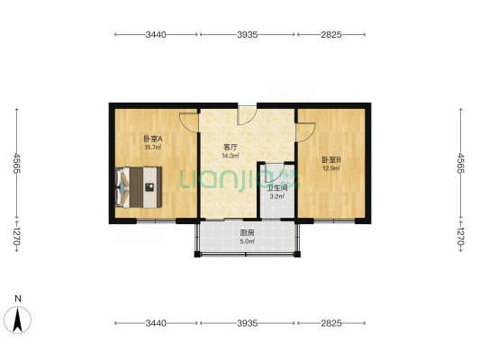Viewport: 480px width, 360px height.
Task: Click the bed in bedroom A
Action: pyautogui.click(x=139, y=187)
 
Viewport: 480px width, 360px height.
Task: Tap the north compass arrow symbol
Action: pyautogui.click(x=18, y=319)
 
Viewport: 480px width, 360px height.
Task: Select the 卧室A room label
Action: pyautogui.click(x=153, y=139)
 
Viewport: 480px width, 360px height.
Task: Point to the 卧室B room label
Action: pyautogui.click(x=331, y=159)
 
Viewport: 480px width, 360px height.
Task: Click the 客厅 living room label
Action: pyautogui.click(x=231, y=147)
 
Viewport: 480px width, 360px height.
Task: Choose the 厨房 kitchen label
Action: pyautogui.click(x=247, y=233)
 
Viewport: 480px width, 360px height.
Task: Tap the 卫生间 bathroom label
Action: pyautogui.click(x=277, y=188)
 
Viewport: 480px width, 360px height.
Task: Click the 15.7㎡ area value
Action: pyautogui.click(x=153, y=148)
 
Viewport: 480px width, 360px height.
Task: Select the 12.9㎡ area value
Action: pyautogui.click(x=331, y=168)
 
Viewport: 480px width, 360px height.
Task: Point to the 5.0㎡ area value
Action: pyautogui.click(x=247, y=241)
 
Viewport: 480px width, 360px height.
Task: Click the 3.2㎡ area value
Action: pyautogui.click(x=277, y=197)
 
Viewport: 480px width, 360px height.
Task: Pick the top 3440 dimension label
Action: pyautogui.click(x=156, y=34)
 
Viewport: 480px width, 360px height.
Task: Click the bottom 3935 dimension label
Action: pyautogui.click(x=248, y=323)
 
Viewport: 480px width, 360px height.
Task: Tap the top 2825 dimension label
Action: pyautogui.click(x=331, y=34)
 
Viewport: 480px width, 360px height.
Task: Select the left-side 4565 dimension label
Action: pyautogui.click(x=16, y=163)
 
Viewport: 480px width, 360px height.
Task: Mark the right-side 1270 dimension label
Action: pyautogui.click(x=460, y=237)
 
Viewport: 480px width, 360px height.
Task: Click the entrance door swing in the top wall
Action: pyautogui.click(x=247, y=115)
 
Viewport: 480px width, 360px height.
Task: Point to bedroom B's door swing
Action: pyautogui.click(x=305, y=132)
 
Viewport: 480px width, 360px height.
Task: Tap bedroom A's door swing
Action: pyautogui.click(x=189, y=123)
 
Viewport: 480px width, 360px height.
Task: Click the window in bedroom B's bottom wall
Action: pyautogui.click(x=334, y=220)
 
